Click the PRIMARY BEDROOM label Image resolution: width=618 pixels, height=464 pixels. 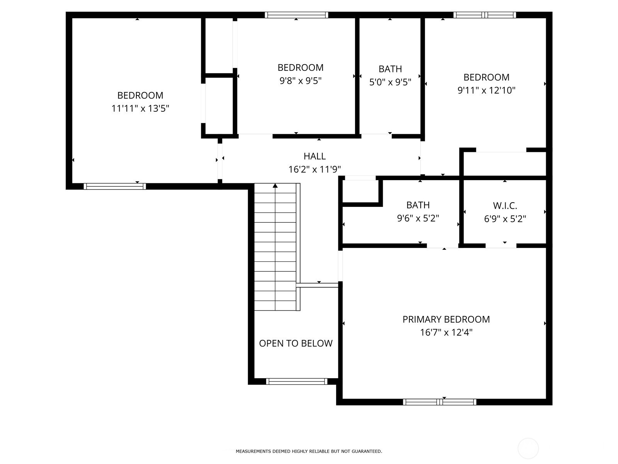tap(446, 319)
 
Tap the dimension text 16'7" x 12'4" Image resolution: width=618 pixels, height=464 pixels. tap(446, 333)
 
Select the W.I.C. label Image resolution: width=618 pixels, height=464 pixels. tap(505, 206)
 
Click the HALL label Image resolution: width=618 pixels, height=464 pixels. tap(314, 156)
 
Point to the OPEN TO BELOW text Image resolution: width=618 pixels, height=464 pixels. tap(295, 343)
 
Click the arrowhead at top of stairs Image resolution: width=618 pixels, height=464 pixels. tap(275, 186)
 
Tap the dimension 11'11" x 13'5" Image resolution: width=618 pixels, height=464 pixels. tap(140, 109)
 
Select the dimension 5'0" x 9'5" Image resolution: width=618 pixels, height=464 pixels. tap(390, 82)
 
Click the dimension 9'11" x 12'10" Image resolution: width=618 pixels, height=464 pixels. tap(486, 90)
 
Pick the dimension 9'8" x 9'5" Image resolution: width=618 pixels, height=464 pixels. tap(301, 81)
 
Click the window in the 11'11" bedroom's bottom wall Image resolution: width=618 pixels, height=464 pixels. tap(115, 186)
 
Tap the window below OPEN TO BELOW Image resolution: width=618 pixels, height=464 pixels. tap(297, 382)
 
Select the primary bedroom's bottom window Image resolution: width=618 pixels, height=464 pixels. tap(440, 402)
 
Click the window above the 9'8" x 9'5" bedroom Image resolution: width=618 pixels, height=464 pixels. tap(296, 15)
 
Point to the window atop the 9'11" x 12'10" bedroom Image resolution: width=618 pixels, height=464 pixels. tap(484, 15)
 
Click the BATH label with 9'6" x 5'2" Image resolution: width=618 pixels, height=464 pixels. tap(418, 205)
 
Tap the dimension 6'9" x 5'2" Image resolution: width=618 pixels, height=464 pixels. tap(505, 219)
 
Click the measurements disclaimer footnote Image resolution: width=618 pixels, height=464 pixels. tap(309, 451)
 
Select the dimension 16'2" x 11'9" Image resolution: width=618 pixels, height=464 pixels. tap(314, 169)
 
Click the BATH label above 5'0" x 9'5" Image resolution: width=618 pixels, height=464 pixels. tap(390, 69)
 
